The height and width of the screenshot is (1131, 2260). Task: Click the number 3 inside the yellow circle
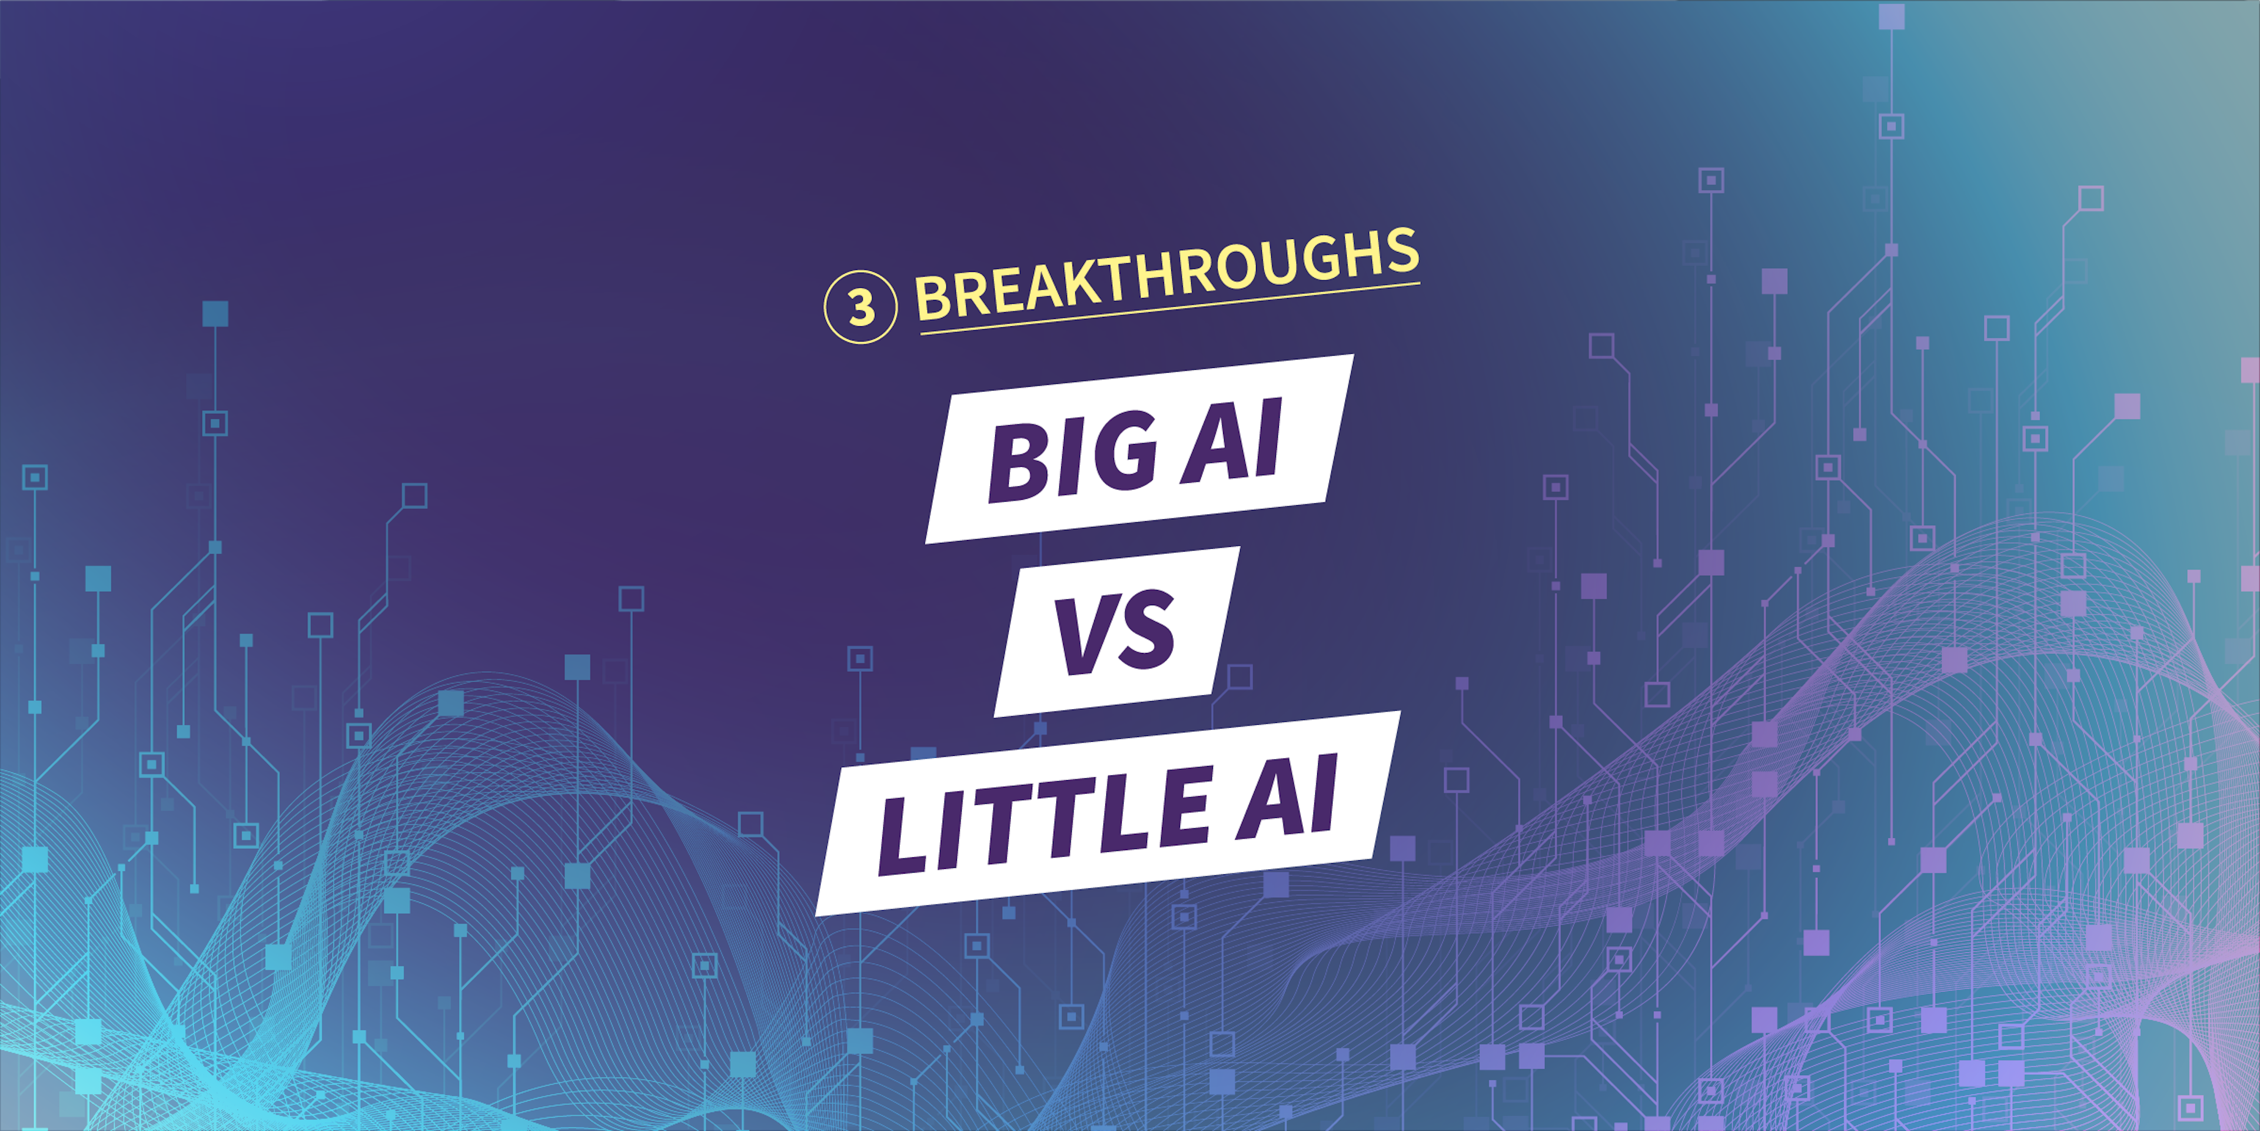click(x=860, y=307)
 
